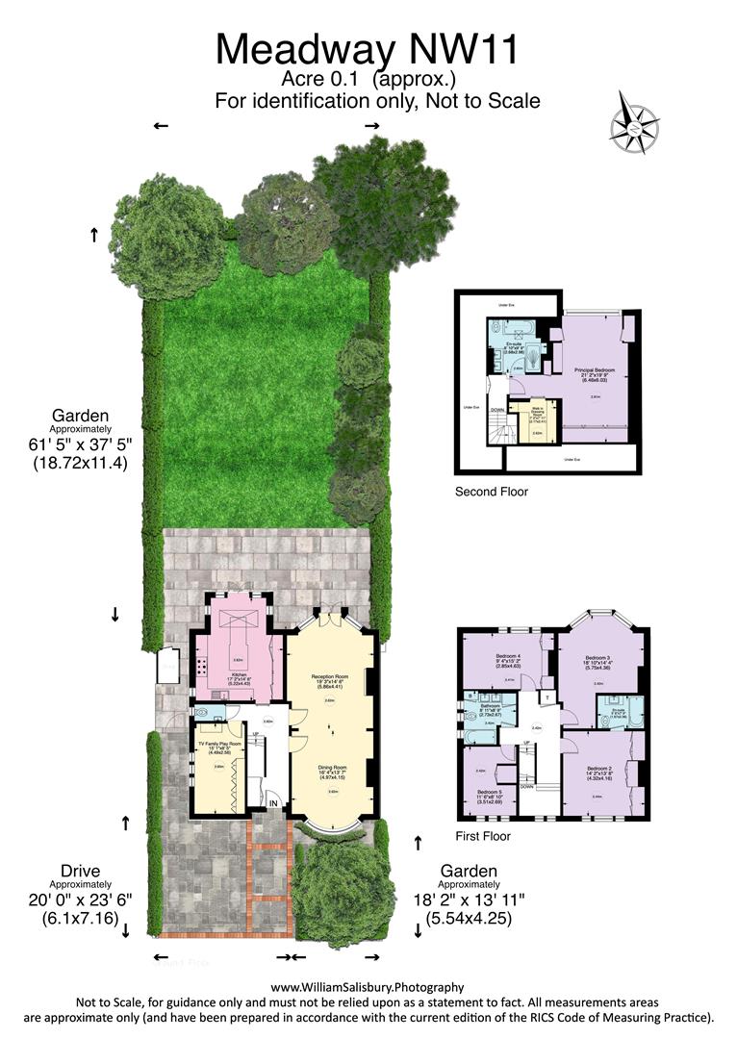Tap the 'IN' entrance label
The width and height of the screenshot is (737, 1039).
[274, 803]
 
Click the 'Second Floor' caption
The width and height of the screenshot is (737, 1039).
[492, 492]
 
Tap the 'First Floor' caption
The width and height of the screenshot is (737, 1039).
[484, 836]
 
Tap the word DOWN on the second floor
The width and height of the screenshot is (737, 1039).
[496, 408]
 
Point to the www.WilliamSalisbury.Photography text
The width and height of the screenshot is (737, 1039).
[368, 986]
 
